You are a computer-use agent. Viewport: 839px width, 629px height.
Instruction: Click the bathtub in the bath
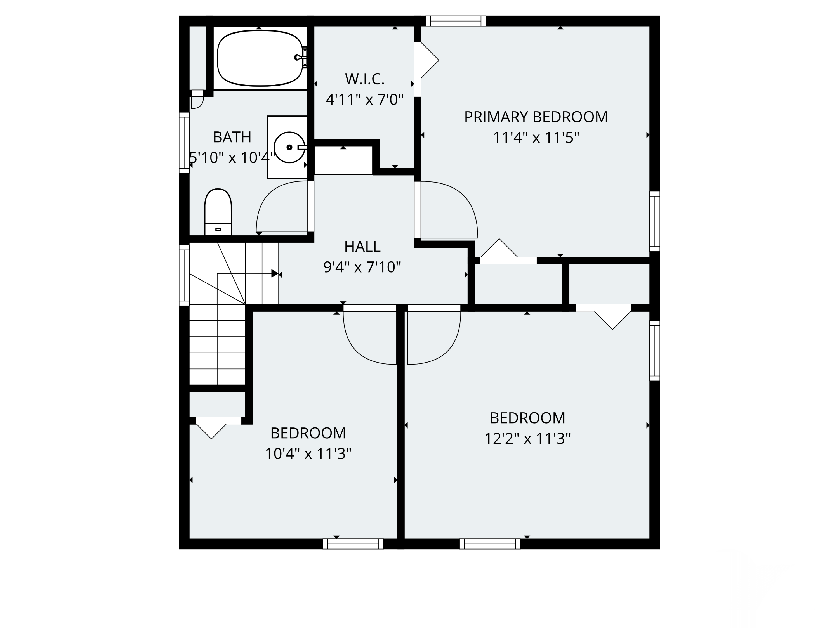tap(260, 58)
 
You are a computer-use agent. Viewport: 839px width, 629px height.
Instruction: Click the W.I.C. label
tap(364, 79)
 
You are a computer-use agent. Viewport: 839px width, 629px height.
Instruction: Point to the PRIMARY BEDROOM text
tap(536, 117)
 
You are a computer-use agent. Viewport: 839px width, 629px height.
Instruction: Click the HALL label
tap(362, 247)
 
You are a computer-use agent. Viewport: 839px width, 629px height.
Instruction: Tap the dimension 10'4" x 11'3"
tap(308, 453)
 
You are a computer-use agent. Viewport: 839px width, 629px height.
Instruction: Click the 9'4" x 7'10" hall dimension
tap(362, 267)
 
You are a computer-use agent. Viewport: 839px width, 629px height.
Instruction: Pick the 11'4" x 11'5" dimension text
tap(536, 138)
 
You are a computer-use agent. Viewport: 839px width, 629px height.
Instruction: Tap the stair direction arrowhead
tap(275, 273)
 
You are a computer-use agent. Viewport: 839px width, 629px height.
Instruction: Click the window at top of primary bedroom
tap(456, 21)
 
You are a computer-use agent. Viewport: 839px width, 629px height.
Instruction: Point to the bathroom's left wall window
tap(184, 143)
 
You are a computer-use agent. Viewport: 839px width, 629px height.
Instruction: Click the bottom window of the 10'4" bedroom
tap(353, 544)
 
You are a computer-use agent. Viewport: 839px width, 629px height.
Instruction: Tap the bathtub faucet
tap(300, 57)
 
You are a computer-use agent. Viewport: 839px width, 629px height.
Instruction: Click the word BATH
tap(232, 137)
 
